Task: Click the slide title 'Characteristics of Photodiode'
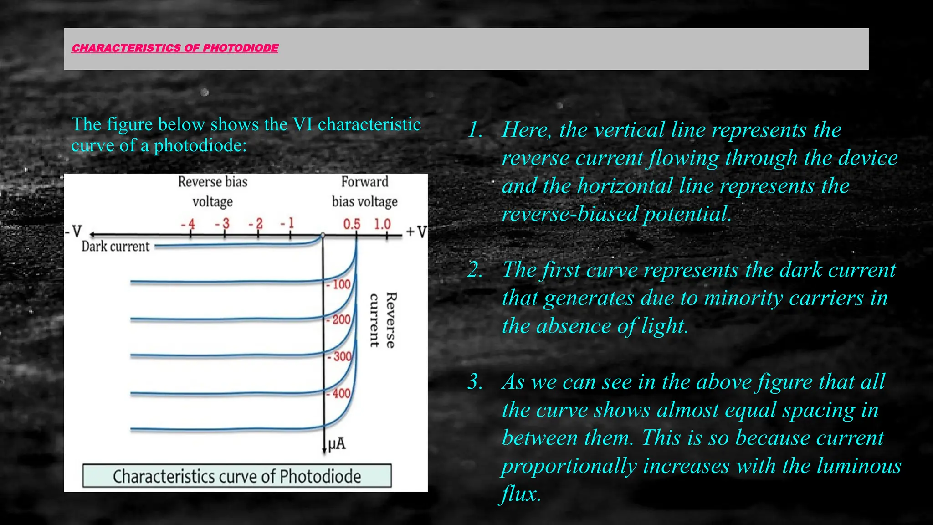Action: pyautogui.click(x=175, y=48)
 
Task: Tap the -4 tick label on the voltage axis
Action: pyautogui.click(x=188, y=224)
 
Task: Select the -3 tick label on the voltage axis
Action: pyautogui.click(x=222, y=224)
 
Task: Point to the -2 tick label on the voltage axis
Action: pyautogui.click(x=256, y=224)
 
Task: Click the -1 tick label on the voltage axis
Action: pyautogui.click(x=287, y=223)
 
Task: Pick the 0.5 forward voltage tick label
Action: pyautogui.click(x=352, y=224)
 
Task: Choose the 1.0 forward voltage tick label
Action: pyautogui.click(x=383, y=224)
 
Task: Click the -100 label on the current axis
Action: pyautogui.click(x=338, y=285)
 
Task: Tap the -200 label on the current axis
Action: pyautogui.click(x=338, y=319)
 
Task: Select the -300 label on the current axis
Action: pyautogui.click(x=339, y=356)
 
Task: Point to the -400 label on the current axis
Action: pyautogui.click(x=338, y=393)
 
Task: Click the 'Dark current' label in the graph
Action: pyautogui.click(x=115, y=247)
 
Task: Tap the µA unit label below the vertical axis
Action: pyautogui.click(x=337, y=443)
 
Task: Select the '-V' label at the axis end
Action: pyautogui.click(x=73, y=232)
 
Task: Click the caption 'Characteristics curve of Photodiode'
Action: pyautogui.click(x=237, y=476)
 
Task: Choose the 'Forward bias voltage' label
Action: pyautogui.click(x=364, y=191)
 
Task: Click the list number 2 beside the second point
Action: pyautogui.click(x=475, y=270)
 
